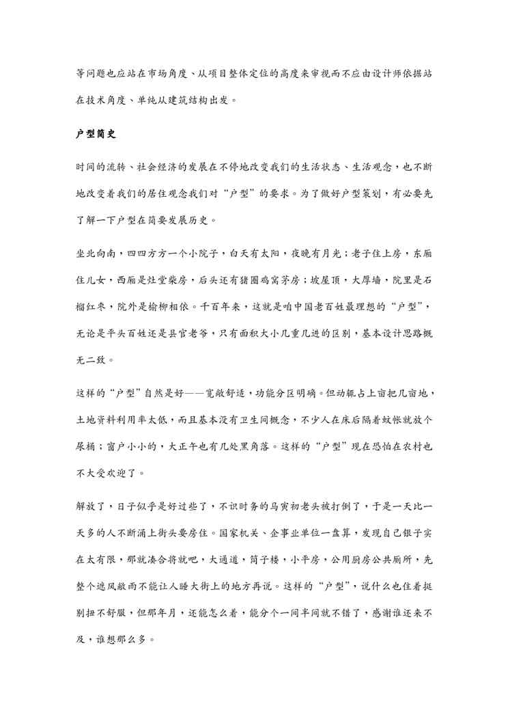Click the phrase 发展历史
tap(190, 221)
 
